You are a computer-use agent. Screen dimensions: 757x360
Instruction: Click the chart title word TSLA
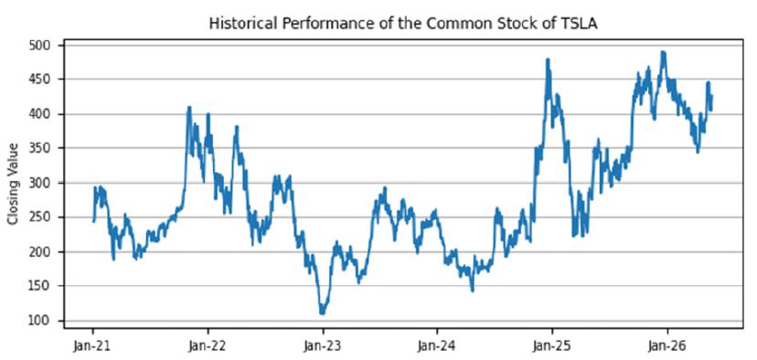(x=581, y=24)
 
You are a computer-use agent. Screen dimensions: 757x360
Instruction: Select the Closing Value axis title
(x=13, y=184)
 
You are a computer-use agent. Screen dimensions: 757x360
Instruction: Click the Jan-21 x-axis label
(x=92, y=345)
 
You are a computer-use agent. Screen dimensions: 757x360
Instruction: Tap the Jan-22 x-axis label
(x=208, y=345)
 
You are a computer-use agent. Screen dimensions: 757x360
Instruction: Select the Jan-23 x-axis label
(x=323, y=345)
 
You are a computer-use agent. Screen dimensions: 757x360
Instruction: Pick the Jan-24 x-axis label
(x=437, y=345)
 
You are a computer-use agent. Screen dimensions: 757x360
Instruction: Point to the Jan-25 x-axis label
(x=552, y=345)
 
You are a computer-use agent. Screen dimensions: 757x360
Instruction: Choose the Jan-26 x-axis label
(x=667, y=345)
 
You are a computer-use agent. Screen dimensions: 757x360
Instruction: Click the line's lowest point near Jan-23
(x=322, y=313)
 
